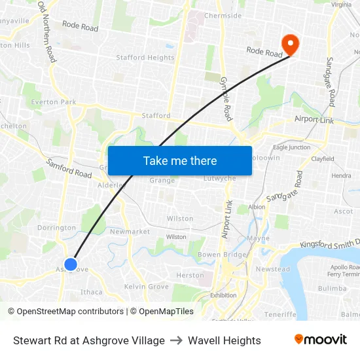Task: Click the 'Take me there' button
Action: [x=180, y=160]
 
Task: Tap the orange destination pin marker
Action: [x=290, y=45]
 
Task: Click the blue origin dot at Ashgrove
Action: [x=71, y=264]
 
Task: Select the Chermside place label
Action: [x=223, y=16]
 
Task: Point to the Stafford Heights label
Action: [x=145, y=58]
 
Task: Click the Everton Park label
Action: [x=54, y=102]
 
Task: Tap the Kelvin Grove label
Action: [x=147, y=287]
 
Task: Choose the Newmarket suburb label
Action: [x=130, y=232]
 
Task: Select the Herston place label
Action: [x=190, y=276]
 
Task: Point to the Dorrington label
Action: [x=57, y=228]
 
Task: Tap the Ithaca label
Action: [x=91, y=292]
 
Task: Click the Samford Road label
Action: [x=68, y=169]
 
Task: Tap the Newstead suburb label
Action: [x=272, y=269]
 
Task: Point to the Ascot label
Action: [x=343, y=211]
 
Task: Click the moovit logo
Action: [x=320, y=340]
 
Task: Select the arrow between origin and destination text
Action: [x=176, y=340]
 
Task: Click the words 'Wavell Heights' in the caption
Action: [x=224, y=340]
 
